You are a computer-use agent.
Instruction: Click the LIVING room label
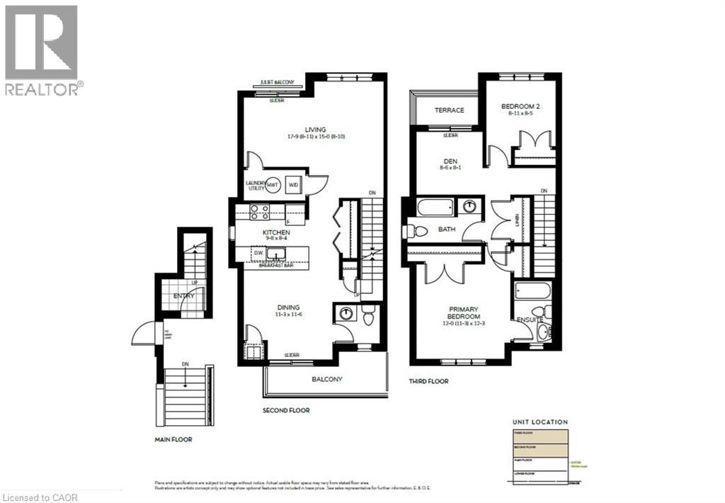pyautogui.click(x=312, y=130)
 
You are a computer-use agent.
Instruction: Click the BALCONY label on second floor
pyautogui.click(x=327, y=379)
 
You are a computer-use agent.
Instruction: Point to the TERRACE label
pyautogui.click(x=449, y=110)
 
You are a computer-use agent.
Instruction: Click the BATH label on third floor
pyautogui.click(x=446, y=230)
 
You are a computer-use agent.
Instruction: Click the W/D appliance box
pyautogui.click(x=293, y=184)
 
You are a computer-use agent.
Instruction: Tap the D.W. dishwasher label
pyautogui.click(x=258, y=253)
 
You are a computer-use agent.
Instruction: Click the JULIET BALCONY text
pyautogui.click(x=278, y=82)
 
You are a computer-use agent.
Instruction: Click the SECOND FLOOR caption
pyautogui.click(x=286, y=410)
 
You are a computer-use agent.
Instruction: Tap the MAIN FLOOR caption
pyautogui.click(x=173, y=439)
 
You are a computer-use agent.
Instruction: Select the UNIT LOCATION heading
pyautogui.click(x=539, y=422)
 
